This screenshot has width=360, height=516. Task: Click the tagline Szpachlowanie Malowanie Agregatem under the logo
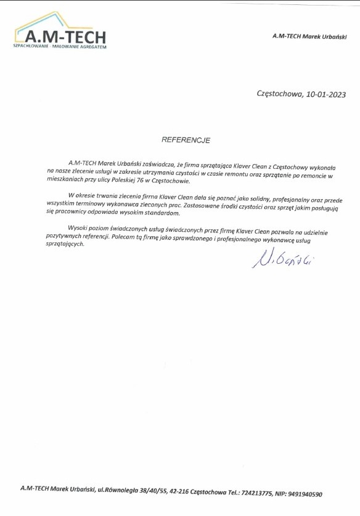coord(60,47)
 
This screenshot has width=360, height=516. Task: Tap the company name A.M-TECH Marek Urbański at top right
coord(309,37)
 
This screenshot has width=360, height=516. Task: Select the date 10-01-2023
coord(325,94)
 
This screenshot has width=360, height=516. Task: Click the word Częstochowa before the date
coord(279,94)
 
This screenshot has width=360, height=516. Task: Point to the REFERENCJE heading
coord(186,140)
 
